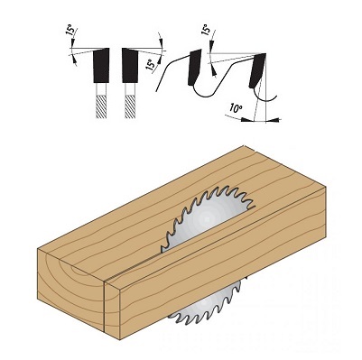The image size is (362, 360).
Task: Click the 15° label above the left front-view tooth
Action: pyautogui.click(x=71, y=31)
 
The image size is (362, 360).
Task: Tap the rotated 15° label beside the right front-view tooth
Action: pyautogui.click(x=151, y=64)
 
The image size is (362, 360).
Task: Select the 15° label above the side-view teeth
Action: pyautogui.click(x=206, y=30)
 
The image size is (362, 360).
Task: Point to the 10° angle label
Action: pyautogui.click(x=235, y=107)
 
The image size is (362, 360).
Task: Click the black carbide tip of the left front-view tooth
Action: pyautogui.click(x=101, y=65)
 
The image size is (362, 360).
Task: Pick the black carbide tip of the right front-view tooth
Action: pyautogui.click(x=130, y=65)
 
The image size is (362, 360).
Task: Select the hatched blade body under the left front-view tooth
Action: pyautogui.click(x=101, y=106)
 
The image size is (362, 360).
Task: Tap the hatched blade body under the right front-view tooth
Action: pyautogui.click(x=130, y=106)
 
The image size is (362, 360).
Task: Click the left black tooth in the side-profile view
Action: pyautogui.click(x=194, y=67)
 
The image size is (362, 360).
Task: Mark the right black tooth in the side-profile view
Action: pyautogui.click(x=257, y=70)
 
